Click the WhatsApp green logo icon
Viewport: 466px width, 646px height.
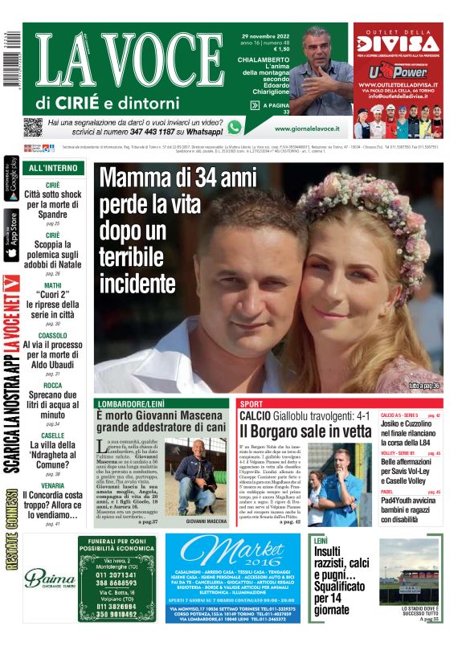click(235, 127)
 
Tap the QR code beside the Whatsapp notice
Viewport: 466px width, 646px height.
click(33, 127)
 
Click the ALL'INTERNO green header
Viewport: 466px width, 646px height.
click(53, 169)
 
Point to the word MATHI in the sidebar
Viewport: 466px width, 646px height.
click(52, 285)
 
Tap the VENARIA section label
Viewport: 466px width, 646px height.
click(52, 485)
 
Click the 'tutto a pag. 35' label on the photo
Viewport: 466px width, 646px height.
click(423, 386)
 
